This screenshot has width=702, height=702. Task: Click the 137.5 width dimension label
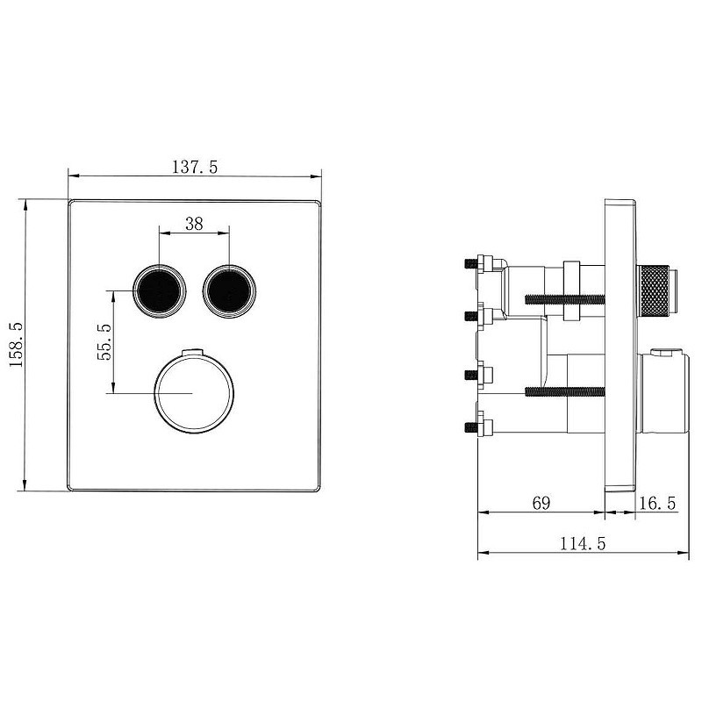coord(195,167)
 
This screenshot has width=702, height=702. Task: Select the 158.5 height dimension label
coord(17,345)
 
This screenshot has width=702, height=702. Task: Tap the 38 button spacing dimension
coord(194,224)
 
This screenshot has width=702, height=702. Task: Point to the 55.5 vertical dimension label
coord(104,341)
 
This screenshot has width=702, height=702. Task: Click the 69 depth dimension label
coord(541,503)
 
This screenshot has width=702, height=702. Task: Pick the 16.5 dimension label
coord(656,504)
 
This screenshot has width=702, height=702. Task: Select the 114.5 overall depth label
coord(583,543)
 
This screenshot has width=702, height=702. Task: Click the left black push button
coord(160,290)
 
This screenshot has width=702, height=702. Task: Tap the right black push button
coord(229,290)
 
